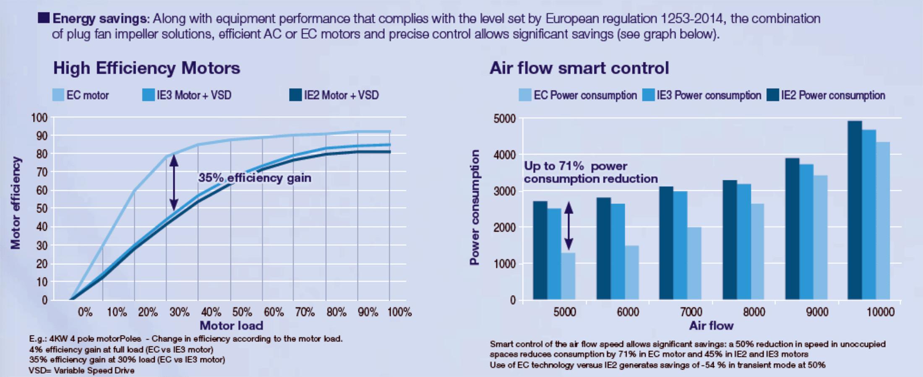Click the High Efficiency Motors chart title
coord(146,68)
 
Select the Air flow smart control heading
coord(579,68)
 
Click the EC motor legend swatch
coord(58,95)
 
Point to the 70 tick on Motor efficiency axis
coord(42,172)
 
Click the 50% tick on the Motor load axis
coord(242,312)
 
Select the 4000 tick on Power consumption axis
coord(504,155)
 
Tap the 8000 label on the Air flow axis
coord(754,312)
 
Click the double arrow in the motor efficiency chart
coord(174,182)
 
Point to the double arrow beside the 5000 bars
coord(568,226)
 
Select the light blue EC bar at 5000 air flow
coord(568,276)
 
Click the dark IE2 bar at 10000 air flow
coord(855,210)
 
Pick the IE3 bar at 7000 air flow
coord(680,245)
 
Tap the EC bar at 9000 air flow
coord(820,237)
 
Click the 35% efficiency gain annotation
coord(255,178)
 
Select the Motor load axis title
coord(231,325)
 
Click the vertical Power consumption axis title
coord(475,208)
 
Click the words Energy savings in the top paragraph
coord(99,18)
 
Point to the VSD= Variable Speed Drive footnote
coord(82,370)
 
